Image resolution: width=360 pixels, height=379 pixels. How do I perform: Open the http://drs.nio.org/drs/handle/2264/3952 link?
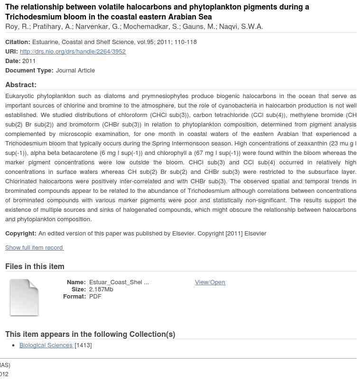(x=73, y=51)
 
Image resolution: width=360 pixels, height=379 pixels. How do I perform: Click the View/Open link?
(x=210, y=282)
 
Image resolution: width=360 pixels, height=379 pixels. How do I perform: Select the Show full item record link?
(x=34, y=247)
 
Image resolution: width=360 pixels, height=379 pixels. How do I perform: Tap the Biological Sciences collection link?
(x=46, y=345)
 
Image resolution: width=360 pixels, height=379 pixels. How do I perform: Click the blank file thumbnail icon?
(x=24, y=298)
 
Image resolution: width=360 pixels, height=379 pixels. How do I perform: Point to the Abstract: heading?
(x=21, y=85)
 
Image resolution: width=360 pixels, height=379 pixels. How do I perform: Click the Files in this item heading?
(x=35, y=266)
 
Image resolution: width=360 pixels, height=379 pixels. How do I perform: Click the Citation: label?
(x=18, y=42)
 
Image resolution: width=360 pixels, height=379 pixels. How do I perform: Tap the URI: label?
(x=11, y=51)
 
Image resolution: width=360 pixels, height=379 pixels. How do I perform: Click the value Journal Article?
(x=75, y=70)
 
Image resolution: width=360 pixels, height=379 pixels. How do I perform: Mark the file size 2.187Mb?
(x=101, y=289)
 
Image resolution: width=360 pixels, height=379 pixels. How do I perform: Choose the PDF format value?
(x=95, y=296)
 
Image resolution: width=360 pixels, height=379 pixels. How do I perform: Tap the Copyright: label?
(x=20, y=233)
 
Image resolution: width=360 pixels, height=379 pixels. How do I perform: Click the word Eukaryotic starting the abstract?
(x=19, y=96)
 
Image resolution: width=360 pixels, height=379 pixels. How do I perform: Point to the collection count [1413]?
(x=83, y=345)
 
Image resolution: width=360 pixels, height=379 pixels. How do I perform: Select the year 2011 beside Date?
(x=29, y=61)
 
